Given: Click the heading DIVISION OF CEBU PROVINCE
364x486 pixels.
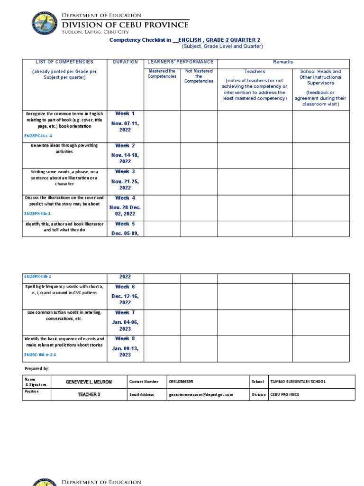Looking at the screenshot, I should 126,25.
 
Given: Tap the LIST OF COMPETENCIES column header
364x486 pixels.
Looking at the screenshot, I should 64,62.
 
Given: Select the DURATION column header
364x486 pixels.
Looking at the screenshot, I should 126,62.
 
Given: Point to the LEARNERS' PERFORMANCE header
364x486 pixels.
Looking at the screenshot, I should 181,62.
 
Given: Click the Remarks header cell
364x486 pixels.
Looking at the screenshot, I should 283,62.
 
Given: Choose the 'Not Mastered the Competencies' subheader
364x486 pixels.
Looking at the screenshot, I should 199,76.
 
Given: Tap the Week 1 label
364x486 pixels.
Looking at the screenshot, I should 125,113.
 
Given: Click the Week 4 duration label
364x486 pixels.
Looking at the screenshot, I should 125,198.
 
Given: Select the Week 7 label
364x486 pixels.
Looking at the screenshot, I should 125,313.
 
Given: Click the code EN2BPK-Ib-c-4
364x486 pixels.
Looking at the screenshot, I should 38,136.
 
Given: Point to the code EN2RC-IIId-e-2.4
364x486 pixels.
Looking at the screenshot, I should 43,355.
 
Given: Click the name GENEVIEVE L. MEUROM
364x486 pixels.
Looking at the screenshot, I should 89,382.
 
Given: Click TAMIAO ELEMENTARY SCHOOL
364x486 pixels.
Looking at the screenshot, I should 298,382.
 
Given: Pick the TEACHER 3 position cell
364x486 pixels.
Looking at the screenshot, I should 89,394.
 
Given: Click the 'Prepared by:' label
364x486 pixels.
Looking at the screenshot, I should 36,368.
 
